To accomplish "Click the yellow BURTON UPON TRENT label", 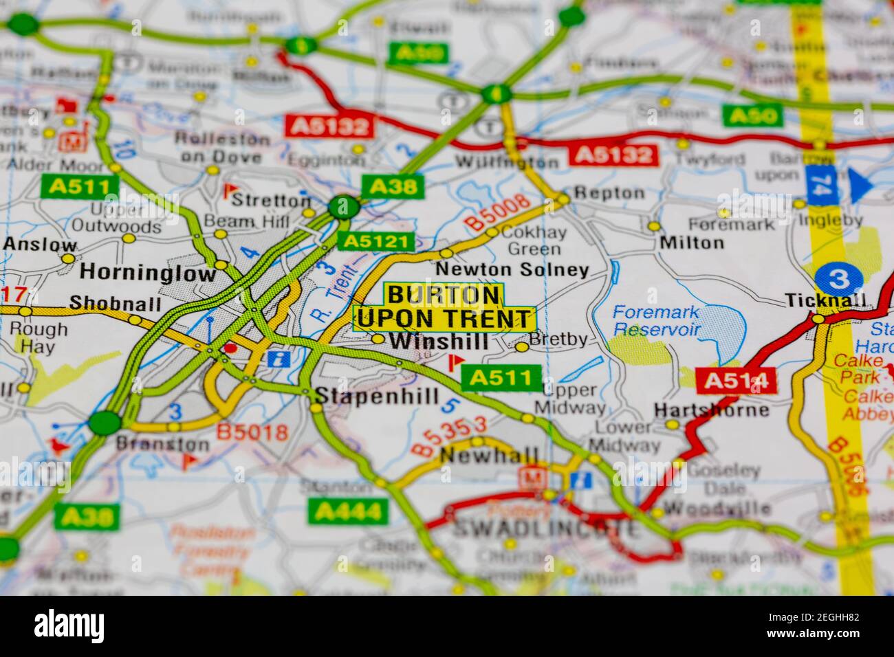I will pyautogui.click(x=444, y=307).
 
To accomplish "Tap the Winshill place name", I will pyautogui.click(x=439, y=342).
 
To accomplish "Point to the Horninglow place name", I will pyautogui.click(x=148, y=273).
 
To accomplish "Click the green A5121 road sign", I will pyautogui.click(x=376, y=241).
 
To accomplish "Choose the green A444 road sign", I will pyautogui.click(x=349, y=511).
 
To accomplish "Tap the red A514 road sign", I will pyautogui.click(x=735, y=381).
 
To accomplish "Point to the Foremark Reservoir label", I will pyautogui.click(x=656, y=320).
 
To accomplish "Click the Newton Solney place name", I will pyautogui.click(x=512, y=270).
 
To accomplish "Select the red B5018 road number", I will pyautogui.click(x=252, y=432).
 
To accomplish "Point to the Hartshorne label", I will pyautogui.click(x=711, y=410).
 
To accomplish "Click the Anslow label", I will pyautogui.click(x=40, y=245).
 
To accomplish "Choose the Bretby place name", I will pyautogui.click(x=559, y=339).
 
